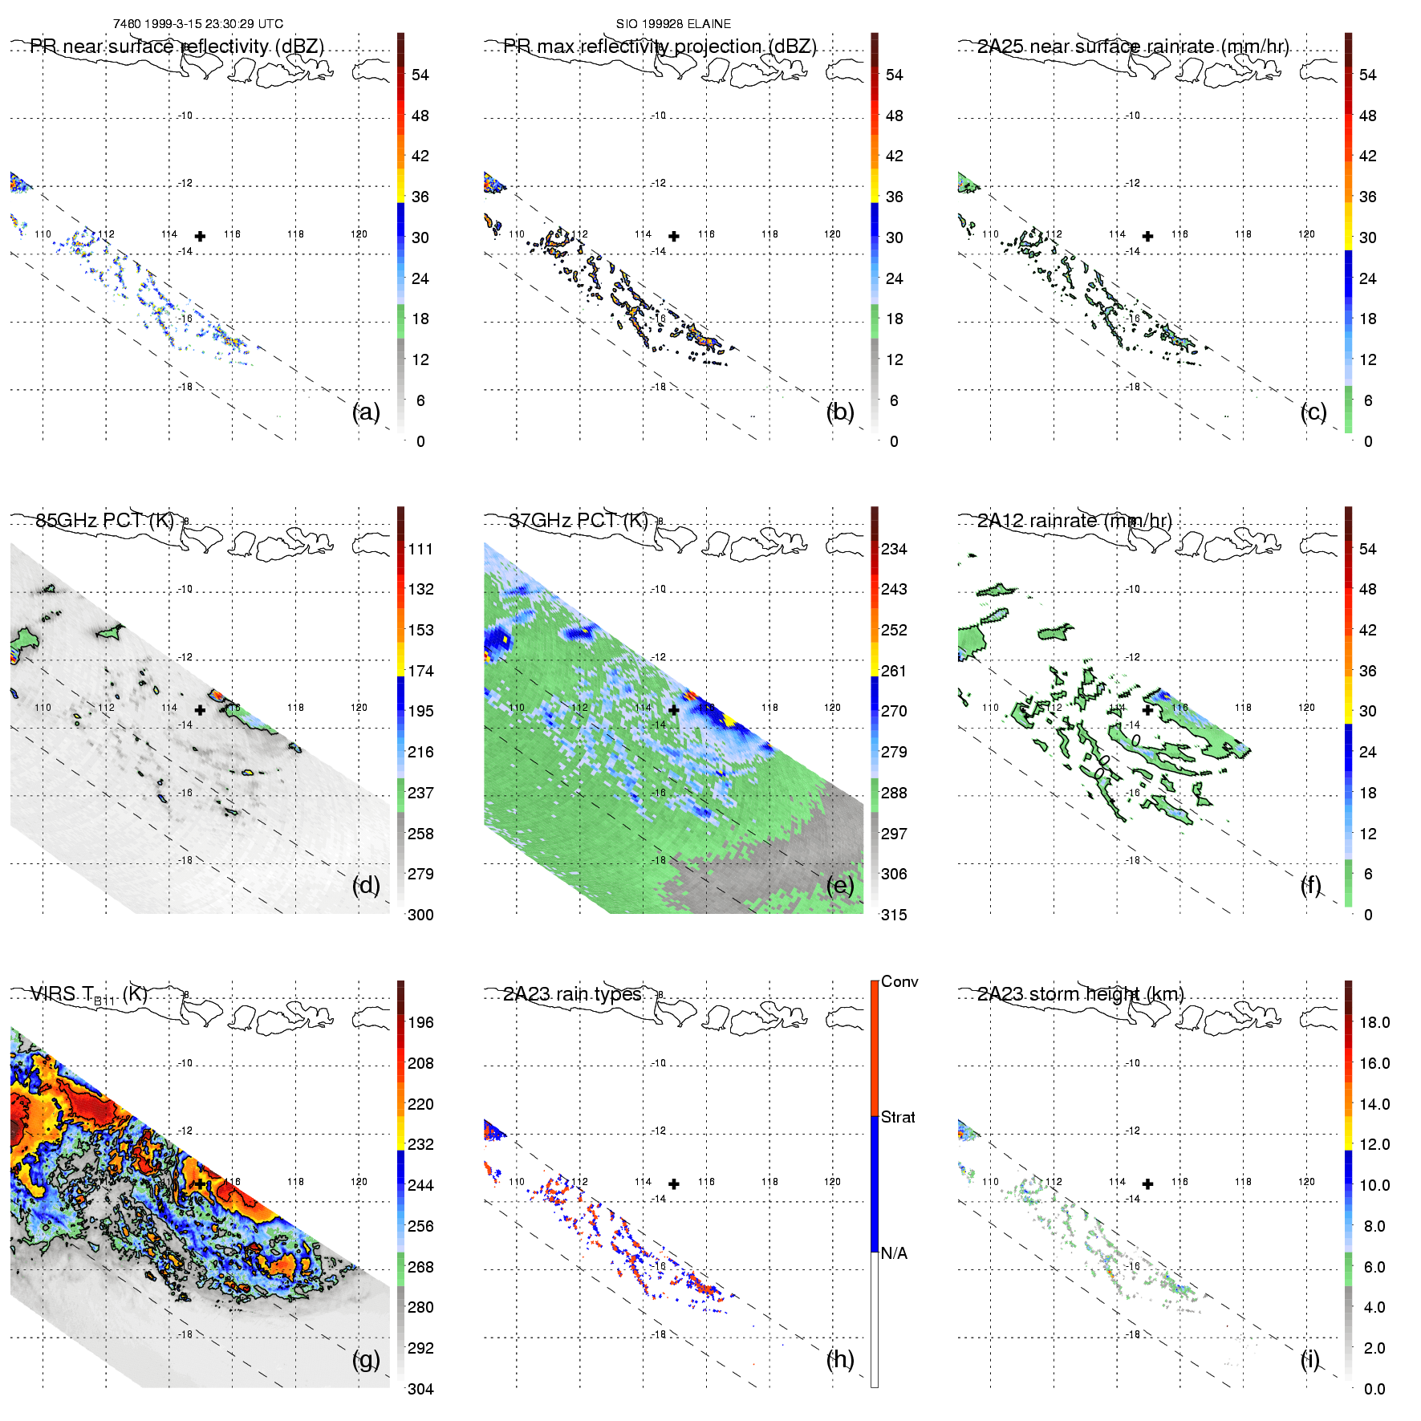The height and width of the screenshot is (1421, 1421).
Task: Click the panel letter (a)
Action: [366, 412]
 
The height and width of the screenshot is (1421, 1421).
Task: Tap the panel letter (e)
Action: [840, 885]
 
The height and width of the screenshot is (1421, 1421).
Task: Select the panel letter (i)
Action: [1310, 1359]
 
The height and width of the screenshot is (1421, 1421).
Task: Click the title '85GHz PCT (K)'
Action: [104, 520]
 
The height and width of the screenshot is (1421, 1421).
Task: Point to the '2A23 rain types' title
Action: [572, 994]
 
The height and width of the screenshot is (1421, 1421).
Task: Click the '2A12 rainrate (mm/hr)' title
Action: [1074, 520]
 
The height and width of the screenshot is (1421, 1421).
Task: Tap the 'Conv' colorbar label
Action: [899, 981]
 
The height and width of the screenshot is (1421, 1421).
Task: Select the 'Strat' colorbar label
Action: [898, 1117]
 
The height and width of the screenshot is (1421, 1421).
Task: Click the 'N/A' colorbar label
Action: [894, 1253]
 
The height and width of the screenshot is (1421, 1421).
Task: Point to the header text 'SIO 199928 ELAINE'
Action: [673, 24]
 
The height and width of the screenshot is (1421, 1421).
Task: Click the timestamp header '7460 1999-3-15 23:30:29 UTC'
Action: [198, 24]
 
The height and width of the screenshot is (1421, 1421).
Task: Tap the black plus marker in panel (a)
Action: [200, 236]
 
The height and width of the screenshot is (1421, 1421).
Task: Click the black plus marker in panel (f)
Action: [1147, 710]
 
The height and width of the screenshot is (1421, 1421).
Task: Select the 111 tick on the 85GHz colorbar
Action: [420, 549]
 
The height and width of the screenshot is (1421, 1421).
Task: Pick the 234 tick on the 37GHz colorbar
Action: [894, 549]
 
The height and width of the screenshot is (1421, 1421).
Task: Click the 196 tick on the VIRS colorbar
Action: [420, 1022]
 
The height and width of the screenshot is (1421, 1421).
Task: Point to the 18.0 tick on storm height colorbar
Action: [1374, 1022]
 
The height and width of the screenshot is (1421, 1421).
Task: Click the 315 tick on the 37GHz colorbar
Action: [894, 915]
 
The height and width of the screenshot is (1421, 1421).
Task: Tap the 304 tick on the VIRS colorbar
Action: [420, 1389]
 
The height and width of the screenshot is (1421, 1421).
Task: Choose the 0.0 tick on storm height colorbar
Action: [1374, 1389]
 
